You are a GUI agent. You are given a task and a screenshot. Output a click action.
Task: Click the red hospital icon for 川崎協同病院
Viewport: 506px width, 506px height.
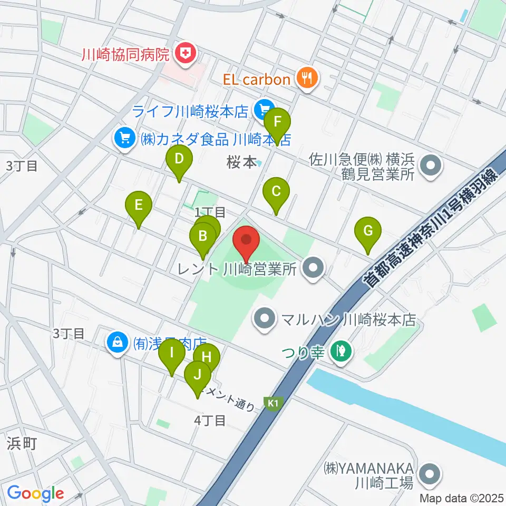pos(186,53)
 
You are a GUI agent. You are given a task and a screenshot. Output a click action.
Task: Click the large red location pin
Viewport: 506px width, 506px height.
pos(246,240)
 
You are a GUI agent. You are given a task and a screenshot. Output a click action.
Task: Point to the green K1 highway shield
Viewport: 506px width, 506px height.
pos(272,403)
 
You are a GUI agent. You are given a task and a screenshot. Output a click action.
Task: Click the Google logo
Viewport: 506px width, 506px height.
pos(36,493)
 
